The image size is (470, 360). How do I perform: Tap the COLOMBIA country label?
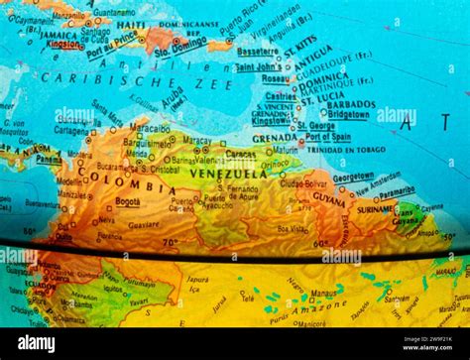click(134, 185)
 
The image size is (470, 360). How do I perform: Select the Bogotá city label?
click(127, 201)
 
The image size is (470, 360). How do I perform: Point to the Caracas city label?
click(240, 154)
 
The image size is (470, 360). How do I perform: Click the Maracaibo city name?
click(150, 128)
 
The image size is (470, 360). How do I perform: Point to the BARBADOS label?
click(351, 104)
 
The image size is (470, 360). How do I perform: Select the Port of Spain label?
click(328, 137)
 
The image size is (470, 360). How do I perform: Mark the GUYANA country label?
click(328, 198)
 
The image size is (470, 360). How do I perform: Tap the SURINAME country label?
click(375, 210)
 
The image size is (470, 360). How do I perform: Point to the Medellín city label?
click(69, 181)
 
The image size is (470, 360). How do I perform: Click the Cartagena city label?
click(71, 130)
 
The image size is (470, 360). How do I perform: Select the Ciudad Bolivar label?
click(301, 183)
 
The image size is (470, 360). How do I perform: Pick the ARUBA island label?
click(172, 97)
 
